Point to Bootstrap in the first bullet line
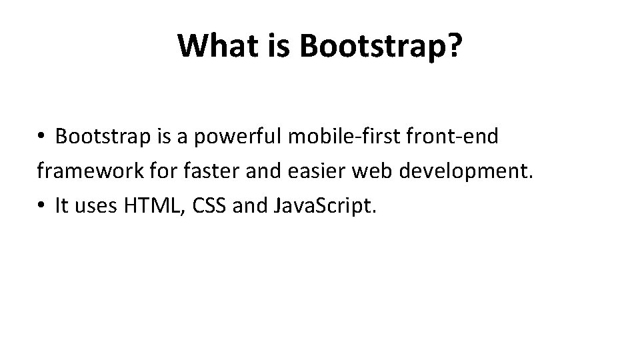pos(97,137)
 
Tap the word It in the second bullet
pos(62,207)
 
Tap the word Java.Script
pos(326,207)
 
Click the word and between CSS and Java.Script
pos(251,207)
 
